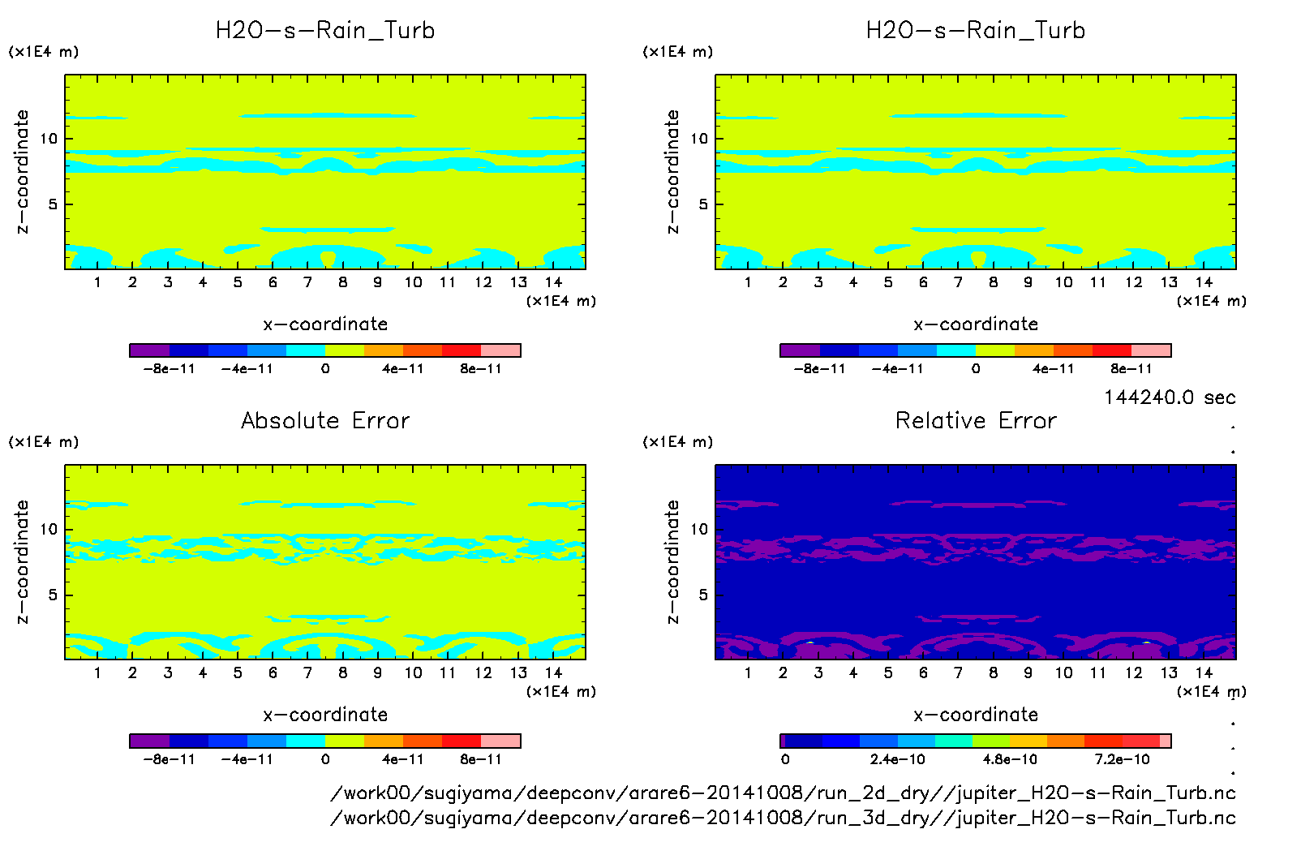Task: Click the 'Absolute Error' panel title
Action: click(x=325, y=420)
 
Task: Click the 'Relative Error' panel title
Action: click(x=976, y=420)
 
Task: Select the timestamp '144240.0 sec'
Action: click(x=1169, y=397)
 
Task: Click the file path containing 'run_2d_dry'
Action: click(x=783, y=793)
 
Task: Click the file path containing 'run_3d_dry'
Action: click(x=783, y=817)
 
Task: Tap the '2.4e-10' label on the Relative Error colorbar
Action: click(x=897, y=759)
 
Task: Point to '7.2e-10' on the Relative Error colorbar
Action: click(x=1122, y=759)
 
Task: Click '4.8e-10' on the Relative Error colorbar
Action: click(x=1010, y=759)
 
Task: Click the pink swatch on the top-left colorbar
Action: click(x=500, y=350)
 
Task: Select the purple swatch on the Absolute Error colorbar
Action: click(x=150, y=741)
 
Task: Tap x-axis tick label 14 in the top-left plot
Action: click(x=553, y=282)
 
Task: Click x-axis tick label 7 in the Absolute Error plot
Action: click(x=307, y=672)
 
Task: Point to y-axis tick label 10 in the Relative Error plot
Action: click(x=698, y=529)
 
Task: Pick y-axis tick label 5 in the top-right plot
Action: click(x=702, y=204)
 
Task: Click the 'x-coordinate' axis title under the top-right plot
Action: click(x=976, y=324)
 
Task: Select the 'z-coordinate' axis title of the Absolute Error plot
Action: click(x=22, y=561)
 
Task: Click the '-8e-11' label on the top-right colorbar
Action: click(x=819, y=368)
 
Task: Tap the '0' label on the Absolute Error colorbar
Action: click(x=325, y=759)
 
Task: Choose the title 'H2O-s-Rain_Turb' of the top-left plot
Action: click(x=325, y=30)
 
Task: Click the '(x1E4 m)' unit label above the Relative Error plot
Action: click(x=677, y=442)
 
